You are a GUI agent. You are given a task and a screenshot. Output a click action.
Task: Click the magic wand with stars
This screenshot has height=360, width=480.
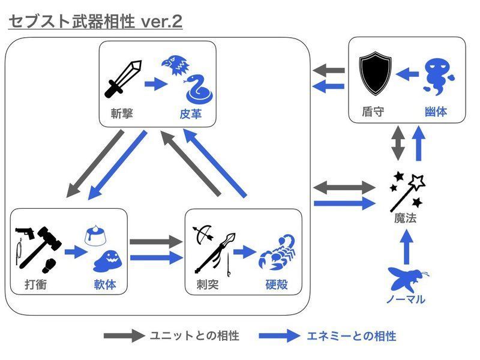tap(408, 188)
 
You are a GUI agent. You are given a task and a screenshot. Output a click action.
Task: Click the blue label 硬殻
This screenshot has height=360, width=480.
tap(276, 284)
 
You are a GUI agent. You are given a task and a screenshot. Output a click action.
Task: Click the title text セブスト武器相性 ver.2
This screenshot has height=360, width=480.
tap(95, 22)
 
